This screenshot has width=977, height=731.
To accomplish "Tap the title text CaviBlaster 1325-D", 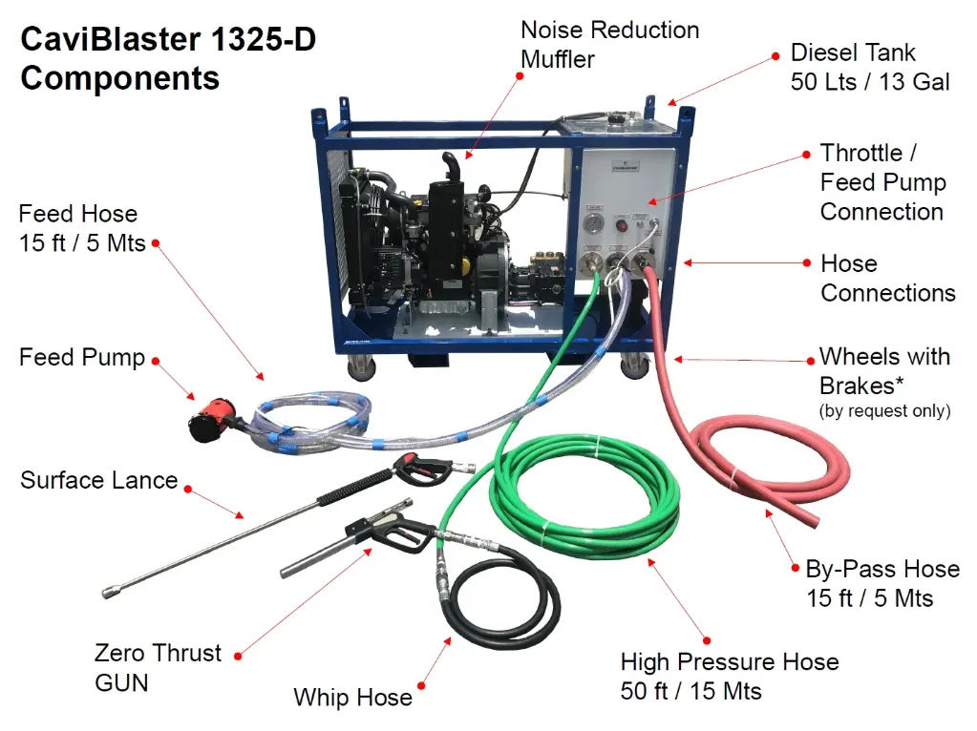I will (x=168, y=41).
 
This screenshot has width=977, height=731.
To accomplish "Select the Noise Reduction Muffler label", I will (x=609, y=44).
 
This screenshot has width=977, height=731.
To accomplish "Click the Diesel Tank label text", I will (x=870, y=67).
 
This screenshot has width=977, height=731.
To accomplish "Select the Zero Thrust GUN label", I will (x=158, y=667).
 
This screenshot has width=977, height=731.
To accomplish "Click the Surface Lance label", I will (x=99, y=480).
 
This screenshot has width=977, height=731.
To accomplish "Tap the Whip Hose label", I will (x=352, y=698).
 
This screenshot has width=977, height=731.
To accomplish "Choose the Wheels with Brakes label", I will (x=884, y=370).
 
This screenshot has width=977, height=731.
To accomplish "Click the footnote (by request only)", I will (x=884, y=411).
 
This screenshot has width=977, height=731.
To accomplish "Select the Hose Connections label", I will (x=887, y=278).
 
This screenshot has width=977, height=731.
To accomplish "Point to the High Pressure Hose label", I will (x=729, y=676).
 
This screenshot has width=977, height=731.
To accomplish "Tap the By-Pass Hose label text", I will (x=881, y=583).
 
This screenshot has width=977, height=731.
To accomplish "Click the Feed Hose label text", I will (x=82, y=227).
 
